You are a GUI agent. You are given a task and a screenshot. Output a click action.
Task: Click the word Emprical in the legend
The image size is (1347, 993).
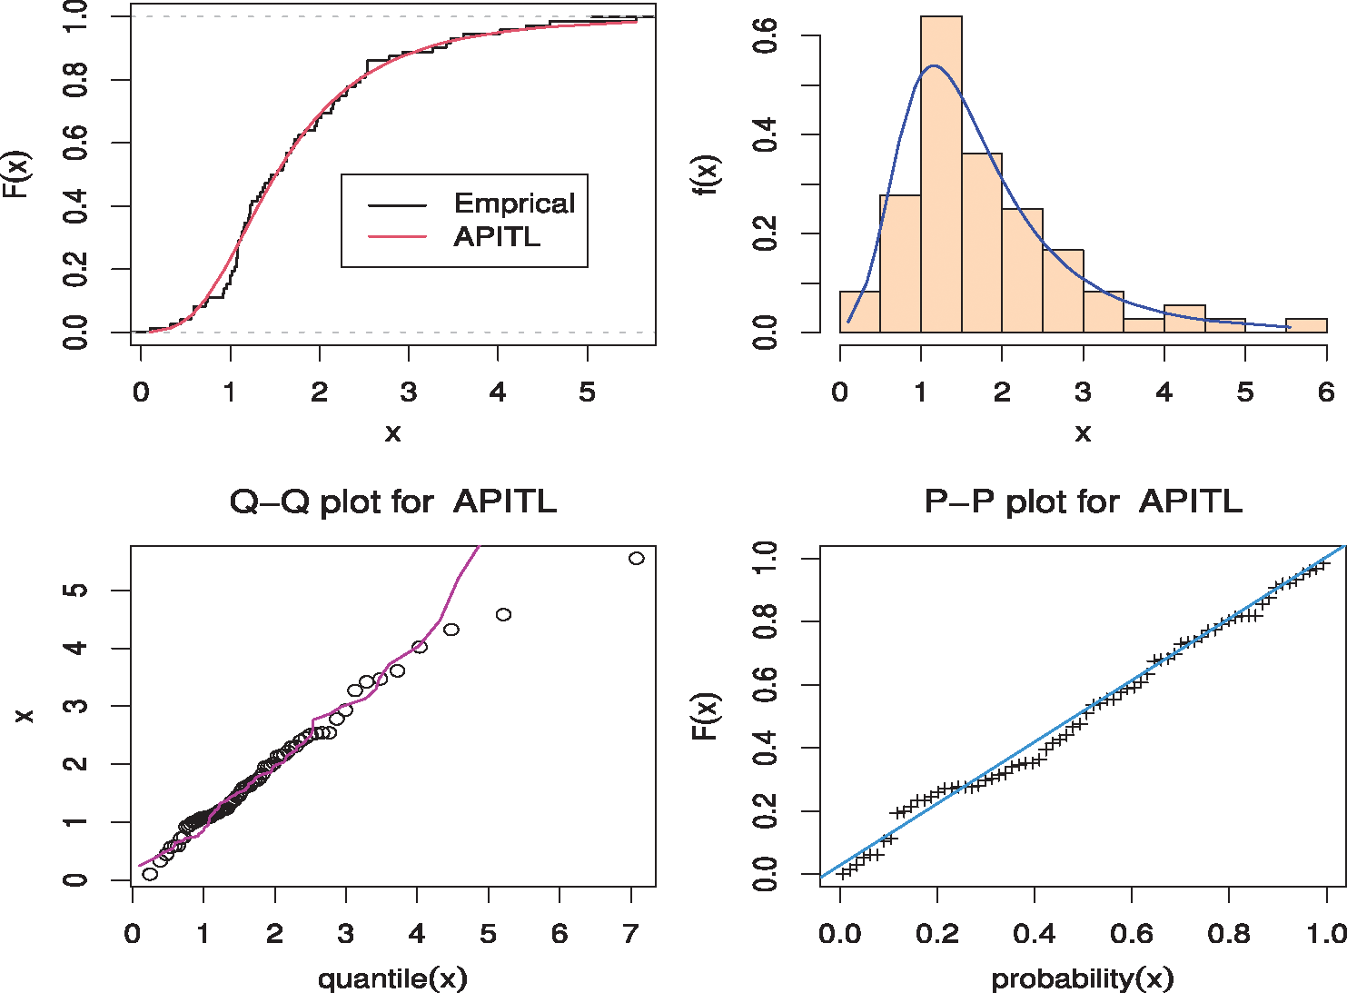(514, 204)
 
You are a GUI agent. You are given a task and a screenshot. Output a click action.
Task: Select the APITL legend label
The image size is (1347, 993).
(497, 237)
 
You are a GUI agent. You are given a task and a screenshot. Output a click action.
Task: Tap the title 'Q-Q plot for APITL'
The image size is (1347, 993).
(392, 501)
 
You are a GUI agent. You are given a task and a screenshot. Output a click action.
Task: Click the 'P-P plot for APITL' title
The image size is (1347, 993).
(1083, 501)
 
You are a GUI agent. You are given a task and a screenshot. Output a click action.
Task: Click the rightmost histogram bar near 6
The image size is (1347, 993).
(1306, 325)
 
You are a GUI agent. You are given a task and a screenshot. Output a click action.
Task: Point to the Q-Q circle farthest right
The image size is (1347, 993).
(637, 558)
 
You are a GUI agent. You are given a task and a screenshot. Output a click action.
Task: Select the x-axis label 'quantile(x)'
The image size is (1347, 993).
(392, 978)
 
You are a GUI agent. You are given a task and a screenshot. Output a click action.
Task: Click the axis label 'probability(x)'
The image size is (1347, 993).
(1083, 978)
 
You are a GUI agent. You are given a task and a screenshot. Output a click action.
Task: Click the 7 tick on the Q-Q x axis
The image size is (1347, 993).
(630, 934)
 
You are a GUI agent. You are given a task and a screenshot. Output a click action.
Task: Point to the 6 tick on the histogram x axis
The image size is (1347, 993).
(1326, 392)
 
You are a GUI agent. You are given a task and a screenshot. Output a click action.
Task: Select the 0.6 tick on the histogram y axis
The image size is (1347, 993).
(765, 36)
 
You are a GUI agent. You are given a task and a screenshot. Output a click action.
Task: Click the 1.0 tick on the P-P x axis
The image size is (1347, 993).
(1326, 934)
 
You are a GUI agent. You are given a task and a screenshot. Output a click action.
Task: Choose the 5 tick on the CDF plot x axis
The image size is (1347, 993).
(588, 392)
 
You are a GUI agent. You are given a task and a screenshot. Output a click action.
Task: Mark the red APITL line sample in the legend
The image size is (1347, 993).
(397, 237)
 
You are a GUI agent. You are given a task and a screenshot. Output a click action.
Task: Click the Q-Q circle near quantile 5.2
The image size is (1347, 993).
(503, 615)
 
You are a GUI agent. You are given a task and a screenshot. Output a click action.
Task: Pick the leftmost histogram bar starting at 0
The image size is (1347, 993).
(859, 313)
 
